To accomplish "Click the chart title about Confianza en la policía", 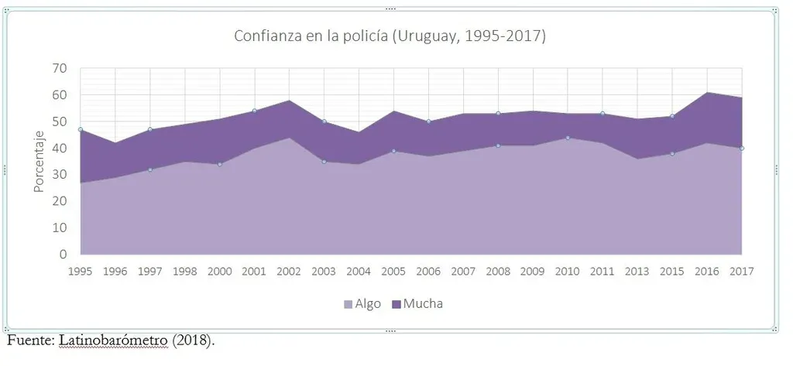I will [390, 36].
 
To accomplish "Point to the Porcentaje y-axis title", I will [39, 161].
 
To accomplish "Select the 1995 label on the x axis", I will [80, 271].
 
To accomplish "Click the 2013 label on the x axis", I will [638, 271].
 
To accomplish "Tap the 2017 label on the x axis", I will [743, 271].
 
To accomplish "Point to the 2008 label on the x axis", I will [498, 271].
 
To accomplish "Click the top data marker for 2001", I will [254, 111].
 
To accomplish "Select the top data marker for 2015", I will [673, 116].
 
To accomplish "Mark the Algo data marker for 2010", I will [568, 138].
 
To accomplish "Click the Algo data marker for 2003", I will [324, 161].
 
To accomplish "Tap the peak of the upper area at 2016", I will [708, 93].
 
